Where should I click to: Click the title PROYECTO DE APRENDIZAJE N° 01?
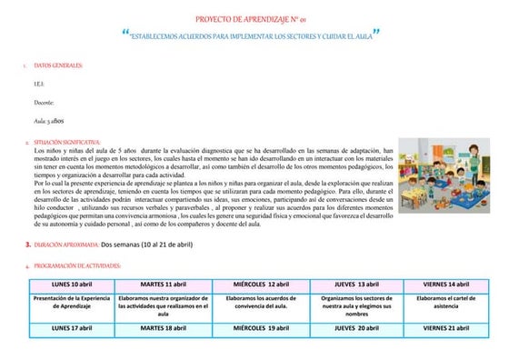tap(254, 19)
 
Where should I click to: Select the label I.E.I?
tap(39, 85)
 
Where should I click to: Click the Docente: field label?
tap(45, 104)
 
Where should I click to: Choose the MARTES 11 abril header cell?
tap(164, 285)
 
